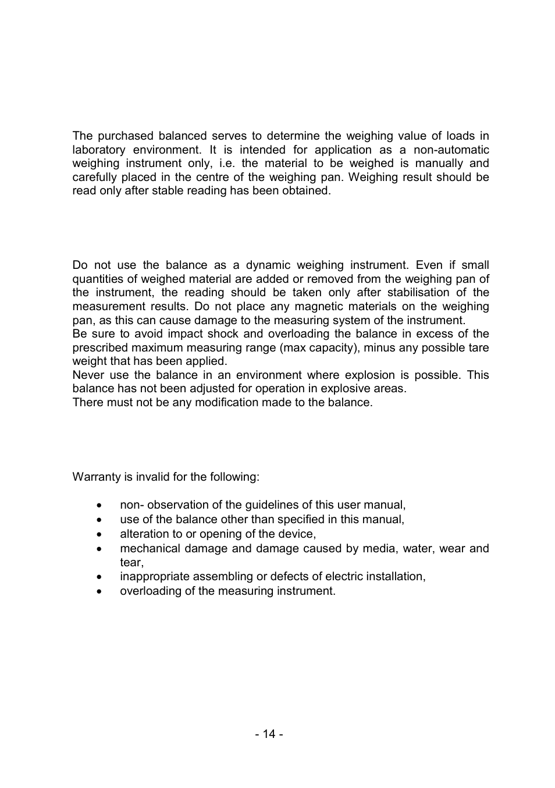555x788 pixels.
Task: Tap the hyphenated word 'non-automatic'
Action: tap(451, 150)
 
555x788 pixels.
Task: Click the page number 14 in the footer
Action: tap(268, 734)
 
